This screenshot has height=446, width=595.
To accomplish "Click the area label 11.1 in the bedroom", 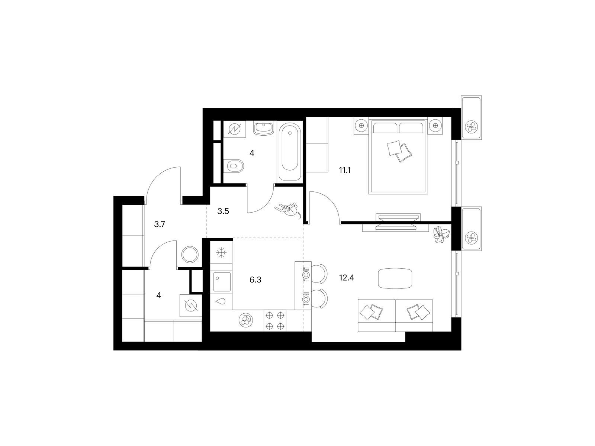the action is point(344,170).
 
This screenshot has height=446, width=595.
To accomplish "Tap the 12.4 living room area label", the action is point(347,278).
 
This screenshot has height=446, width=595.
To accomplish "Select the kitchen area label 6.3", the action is point(255,280).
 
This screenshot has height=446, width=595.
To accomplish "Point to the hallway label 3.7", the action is point(160,224).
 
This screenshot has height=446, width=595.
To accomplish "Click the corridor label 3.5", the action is point(223,211).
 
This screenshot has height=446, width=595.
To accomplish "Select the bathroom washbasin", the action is point(264,128).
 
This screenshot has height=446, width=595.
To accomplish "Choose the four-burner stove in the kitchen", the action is point(274,321).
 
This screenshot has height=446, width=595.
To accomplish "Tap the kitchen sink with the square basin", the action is point(222,282).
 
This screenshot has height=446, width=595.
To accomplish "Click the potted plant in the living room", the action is point(441,234).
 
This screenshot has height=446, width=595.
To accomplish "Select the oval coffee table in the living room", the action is point(395,278).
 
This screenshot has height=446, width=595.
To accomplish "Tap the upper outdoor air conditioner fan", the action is point(472,126).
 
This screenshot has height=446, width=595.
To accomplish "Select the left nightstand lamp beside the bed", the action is point(361,125).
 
